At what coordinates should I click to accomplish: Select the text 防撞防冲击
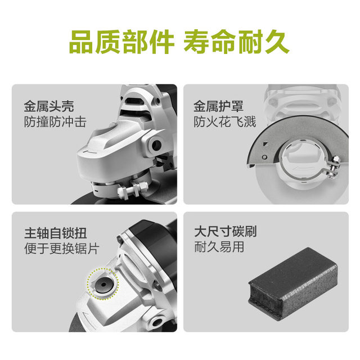click(55, 121)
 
